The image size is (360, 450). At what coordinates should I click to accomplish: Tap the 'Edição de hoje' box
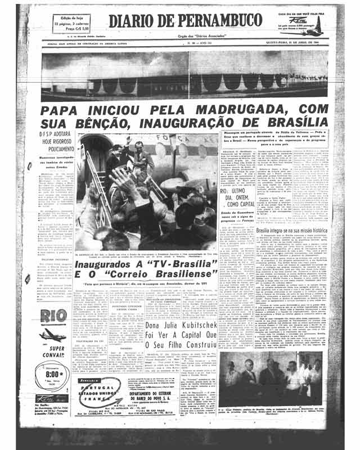point(71,23)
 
